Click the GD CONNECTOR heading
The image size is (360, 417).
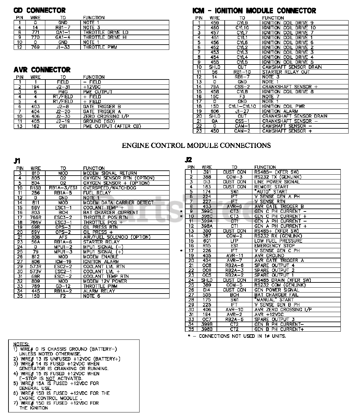(39, 10)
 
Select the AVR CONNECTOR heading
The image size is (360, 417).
(42, 70)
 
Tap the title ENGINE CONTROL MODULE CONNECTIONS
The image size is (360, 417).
(196, 145)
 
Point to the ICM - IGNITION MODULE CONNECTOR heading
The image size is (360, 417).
(254, 11)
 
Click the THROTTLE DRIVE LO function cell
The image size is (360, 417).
(106, 32)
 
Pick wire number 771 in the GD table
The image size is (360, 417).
(35, 32)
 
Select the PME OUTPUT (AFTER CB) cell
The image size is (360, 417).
(112, 126)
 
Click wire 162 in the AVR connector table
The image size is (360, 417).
(35, 126)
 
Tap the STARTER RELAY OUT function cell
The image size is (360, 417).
(286, 72)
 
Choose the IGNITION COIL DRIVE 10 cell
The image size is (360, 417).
(289, 28)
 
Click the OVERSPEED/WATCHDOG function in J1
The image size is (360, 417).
(110, 188)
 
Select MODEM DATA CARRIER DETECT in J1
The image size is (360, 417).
(118, 203)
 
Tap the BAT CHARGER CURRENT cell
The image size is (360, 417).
(111, 212)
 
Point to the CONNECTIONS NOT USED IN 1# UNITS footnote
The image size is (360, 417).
(237, 336)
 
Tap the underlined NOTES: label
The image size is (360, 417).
(21, 344)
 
